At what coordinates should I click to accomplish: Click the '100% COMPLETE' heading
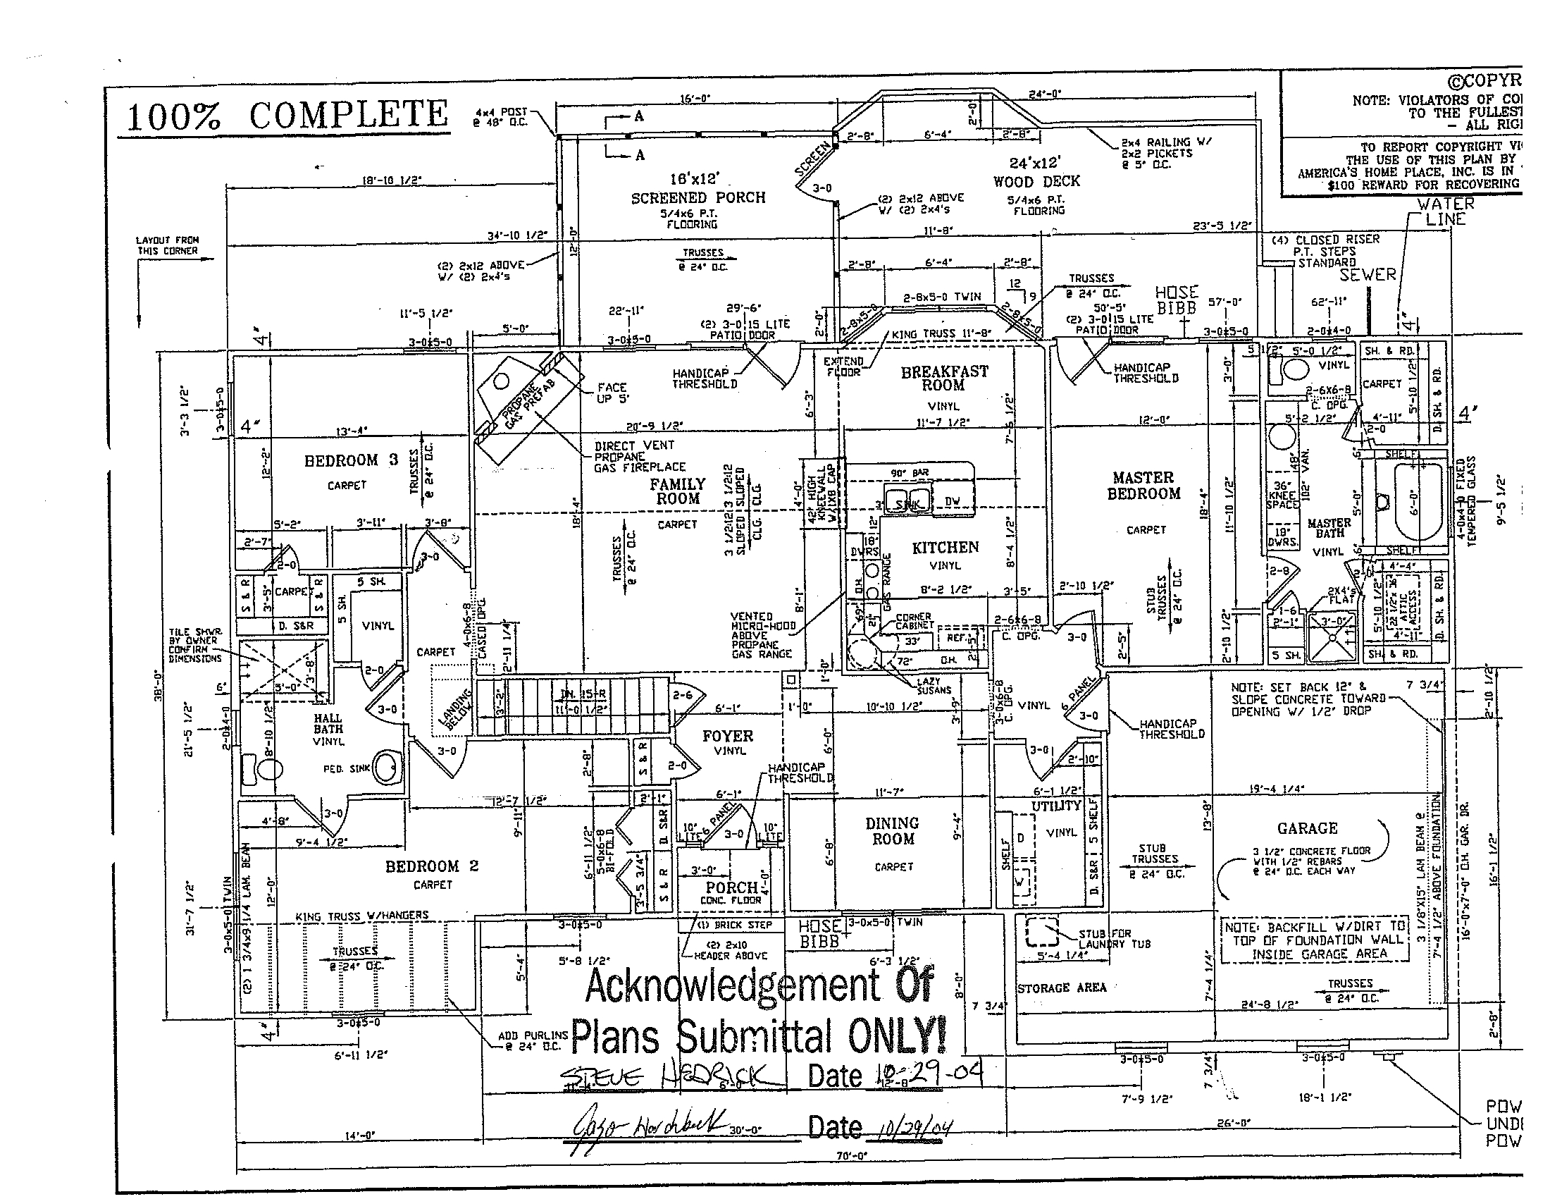(287, 116)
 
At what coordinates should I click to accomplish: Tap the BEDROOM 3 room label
(351, 460)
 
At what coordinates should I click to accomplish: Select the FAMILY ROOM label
(678, 491)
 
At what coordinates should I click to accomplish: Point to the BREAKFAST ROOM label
(944, 378)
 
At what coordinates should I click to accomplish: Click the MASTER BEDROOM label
(1143, 486)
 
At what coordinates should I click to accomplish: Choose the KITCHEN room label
(945, 547)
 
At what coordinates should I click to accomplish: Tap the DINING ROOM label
(892, 830)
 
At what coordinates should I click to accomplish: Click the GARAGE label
(1307, 828)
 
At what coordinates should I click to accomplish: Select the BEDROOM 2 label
(431, 866)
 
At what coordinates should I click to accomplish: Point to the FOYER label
(728, 736)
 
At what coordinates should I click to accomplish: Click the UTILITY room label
(1055, 805)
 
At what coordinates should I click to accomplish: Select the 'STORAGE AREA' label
(1062, 988)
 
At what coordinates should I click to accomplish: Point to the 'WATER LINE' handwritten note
(1445, 211)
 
